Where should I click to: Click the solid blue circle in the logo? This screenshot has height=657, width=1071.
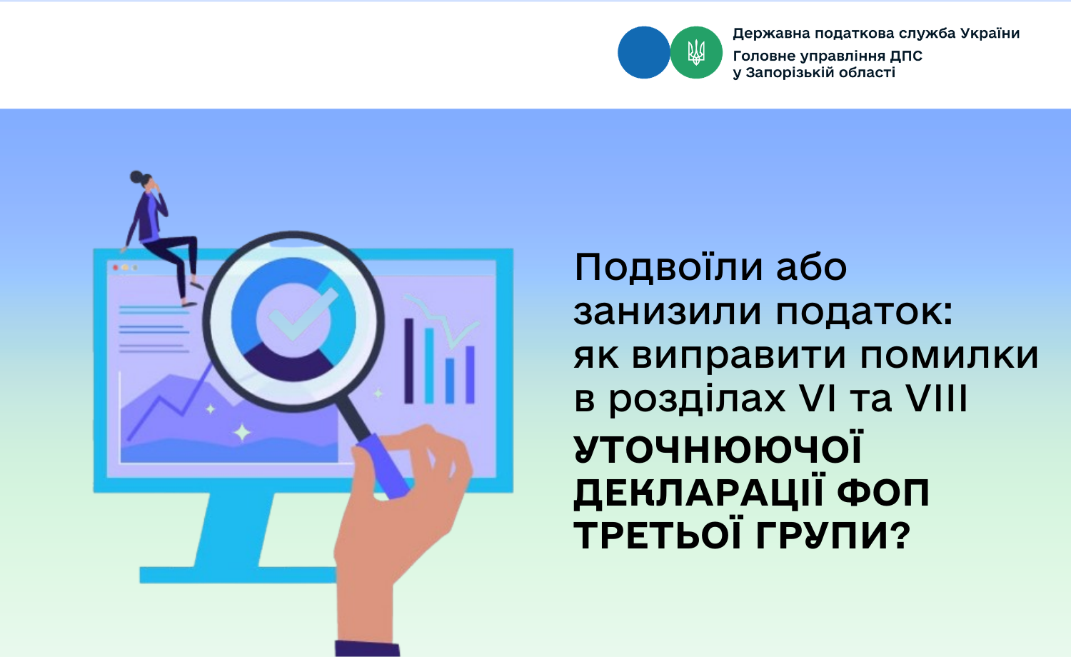pyautogui.click(x=643, y=53)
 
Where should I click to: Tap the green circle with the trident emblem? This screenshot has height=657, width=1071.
pyautogui.click(x=696, y=53)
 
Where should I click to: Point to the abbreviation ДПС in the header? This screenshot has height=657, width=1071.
pyautogui.click(x=906, y=56)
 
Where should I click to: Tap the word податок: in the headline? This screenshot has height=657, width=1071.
pyautogui.click(x=864, y=314)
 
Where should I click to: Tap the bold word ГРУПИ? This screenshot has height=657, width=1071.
pyautogui.click(x=833, y=536)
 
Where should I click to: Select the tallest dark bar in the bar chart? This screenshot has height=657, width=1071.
pyautogui.click(x=409, y=361)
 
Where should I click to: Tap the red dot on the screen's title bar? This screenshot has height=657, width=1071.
pyautogui.click(x=115, y=268)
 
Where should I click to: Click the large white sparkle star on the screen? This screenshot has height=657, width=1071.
pyautogui.click(x=242, y=433)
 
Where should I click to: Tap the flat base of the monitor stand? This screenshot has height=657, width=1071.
pyautogui.click(x=238, y=575)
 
